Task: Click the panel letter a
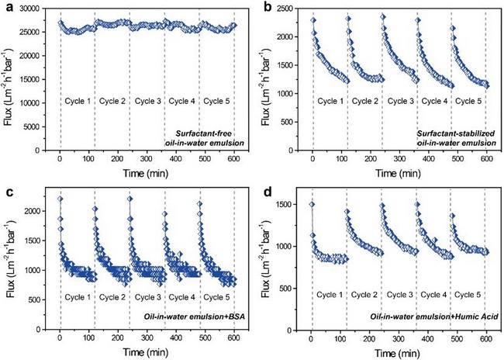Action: [x=8, y=7]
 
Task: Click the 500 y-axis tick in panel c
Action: [x=36, y=299]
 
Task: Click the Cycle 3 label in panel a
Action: [x=148, y=102]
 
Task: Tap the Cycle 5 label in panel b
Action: [x=468, y=102]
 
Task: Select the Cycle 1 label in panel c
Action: [x=78, y=297]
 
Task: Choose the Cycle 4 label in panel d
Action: [x=433, y=295]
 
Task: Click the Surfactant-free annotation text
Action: [x=203, y=133]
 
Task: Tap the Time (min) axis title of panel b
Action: [x=398, y=173]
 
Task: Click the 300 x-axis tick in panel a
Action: [x=147, y=158]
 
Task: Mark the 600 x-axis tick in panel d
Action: [x=486, y=338]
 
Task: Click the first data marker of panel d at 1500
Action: [x=312, y=205]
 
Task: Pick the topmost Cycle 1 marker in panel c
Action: [x=60, y=199]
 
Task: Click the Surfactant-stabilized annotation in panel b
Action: [x=456, y=133]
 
